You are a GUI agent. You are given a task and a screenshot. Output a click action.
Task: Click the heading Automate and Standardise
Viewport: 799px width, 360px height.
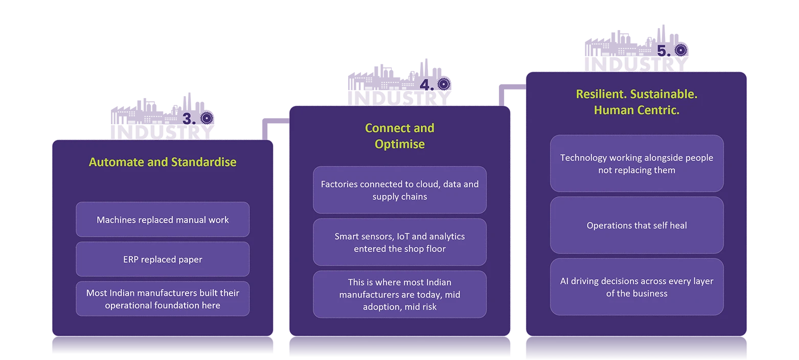(163, 162)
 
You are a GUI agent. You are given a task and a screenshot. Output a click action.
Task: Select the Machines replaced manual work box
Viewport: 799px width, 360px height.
(163, 219)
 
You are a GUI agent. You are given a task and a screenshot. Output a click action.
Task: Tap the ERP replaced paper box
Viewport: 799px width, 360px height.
(163, 259)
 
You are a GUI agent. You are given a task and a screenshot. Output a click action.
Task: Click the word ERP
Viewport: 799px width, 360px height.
(130, 259)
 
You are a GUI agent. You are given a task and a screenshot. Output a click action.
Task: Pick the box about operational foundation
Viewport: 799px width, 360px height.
(163, 299)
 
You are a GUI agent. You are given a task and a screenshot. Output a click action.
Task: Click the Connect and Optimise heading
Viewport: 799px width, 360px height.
(400, 136)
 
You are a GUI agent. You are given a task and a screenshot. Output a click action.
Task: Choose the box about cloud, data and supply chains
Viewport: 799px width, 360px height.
(400, 190)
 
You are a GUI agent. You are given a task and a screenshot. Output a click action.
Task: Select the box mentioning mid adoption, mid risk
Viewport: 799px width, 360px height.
(400, 295)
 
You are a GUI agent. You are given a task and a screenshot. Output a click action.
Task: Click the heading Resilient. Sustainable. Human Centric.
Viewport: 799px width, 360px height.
(637, 102)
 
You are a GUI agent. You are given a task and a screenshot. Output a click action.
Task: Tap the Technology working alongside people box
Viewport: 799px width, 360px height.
(637, 164)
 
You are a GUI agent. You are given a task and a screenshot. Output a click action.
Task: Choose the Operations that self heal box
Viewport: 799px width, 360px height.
(637, 225)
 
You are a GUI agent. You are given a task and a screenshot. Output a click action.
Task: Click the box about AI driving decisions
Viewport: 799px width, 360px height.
(637, 287)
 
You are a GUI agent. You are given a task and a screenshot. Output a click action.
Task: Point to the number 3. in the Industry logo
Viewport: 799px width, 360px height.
(189, 119)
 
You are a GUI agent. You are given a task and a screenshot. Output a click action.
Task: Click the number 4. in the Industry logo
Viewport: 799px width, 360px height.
(427, 85)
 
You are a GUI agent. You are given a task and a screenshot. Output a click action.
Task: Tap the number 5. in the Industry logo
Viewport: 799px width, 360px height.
(664, 51)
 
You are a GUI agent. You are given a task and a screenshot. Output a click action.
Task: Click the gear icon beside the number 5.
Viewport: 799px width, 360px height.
(681, 50)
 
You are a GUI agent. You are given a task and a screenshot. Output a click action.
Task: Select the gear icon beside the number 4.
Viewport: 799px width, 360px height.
(444, 84)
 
